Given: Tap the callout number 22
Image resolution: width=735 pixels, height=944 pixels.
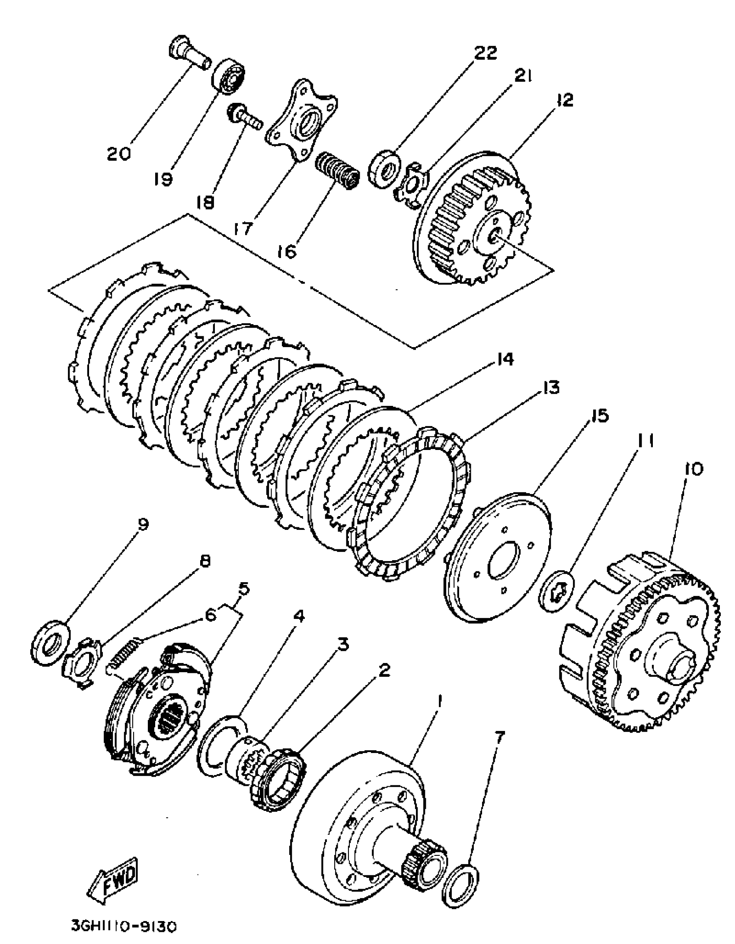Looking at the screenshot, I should point(486,53).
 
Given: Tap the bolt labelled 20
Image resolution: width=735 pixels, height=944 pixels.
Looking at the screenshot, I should point(189,56).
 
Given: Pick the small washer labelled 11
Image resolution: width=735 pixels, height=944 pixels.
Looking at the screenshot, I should point(557,597).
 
